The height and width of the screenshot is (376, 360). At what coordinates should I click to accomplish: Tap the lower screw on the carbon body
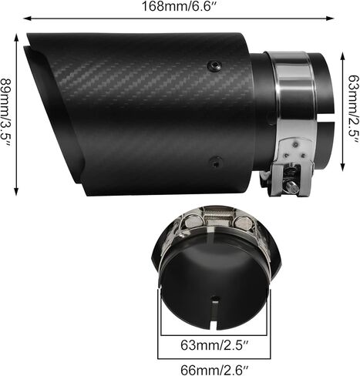point(217,163)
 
